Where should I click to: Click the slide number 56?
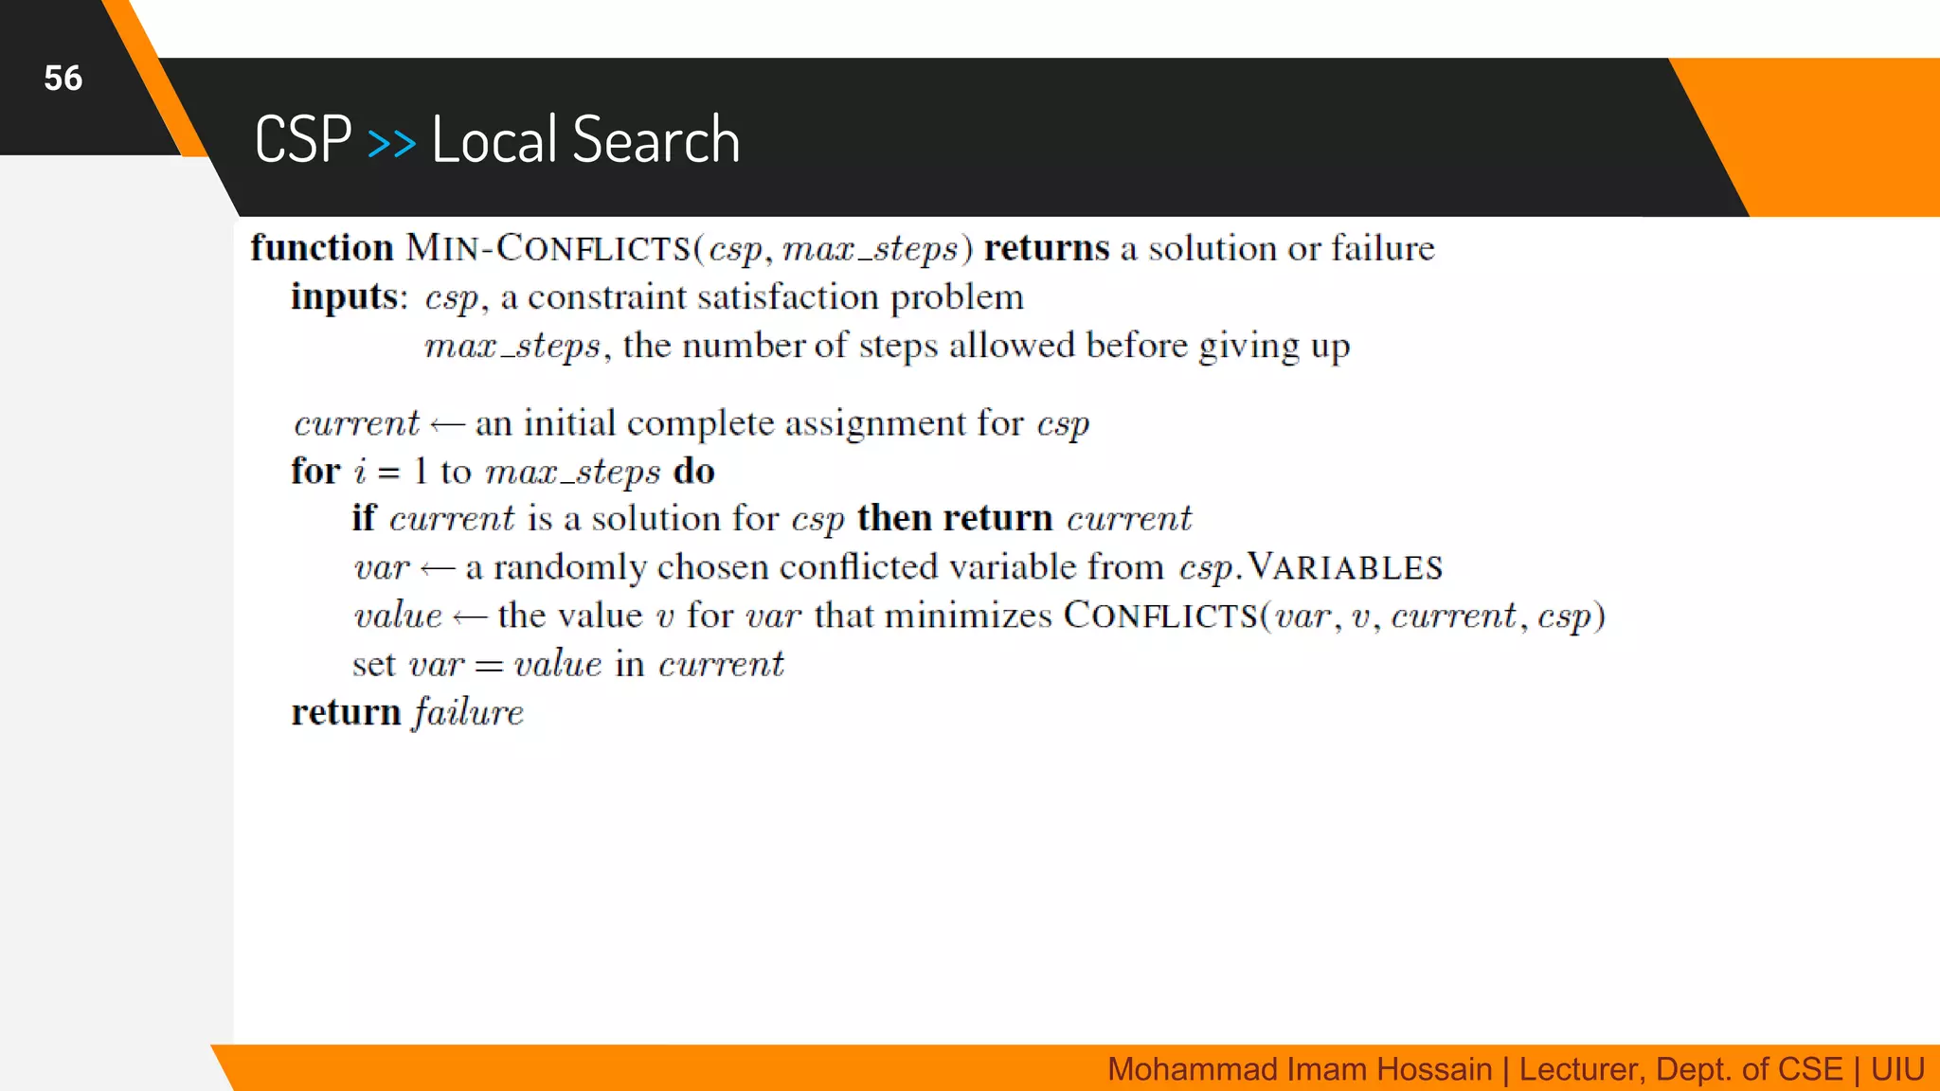pyautogui.click(x=63, y=79)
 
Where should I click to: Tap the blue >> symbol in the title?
pyautogui.click(x=391, y=143)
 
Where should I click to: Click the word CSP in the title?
pyautogui.click(x=303, y=140)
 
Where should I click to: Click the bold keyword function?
pyautogui.click(x=322, y=248)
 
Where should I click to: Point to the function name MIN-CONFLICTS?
pyautogui.click(x=548, y=248)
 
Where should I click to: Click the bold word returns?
pyautogui.click(x=1046, y=248)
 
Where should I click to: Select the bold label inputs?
pyautogui.click(x=349, y=297)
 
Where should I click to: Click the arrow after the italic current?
pyautogui.click(x=447, y=425)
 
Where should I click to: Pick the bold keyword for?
pyautogui.click(x=315, y=472)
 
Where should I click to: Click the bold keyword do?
pyautogui.click(x=693, y=472)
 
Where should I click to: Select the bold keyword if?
pyautogui.click(x=364, y=519)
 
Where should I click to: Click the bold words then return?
pyautogui.click(x=955, y=519)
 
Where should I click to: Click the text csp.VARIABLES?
pyautogui.click(x=1310, y=567)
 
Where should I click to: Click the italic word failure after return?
pyautogui.click(x=468, y=712)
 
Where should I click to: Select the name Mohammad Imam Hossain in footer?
pyautogui.click(x=1299, y=1069)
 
